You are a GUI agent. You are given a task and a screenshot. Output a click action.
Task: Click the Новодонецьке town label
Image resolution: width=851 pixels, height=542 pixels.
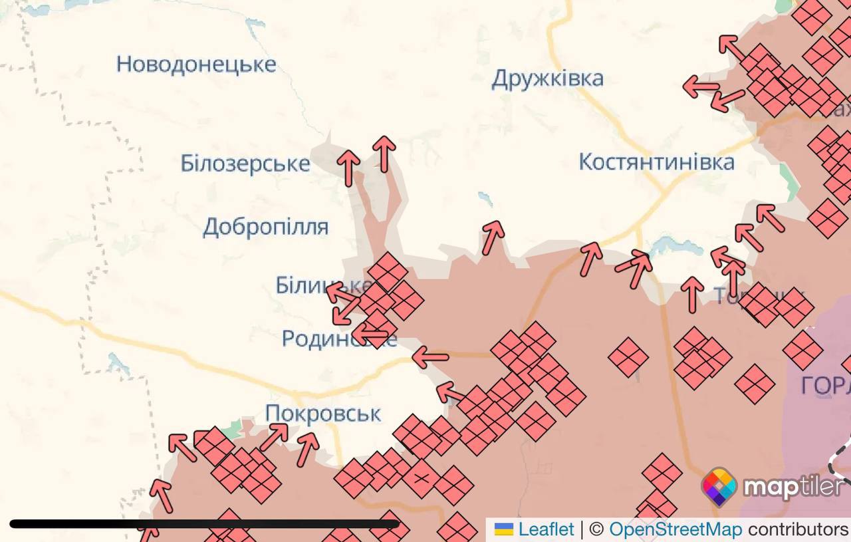click(196, 65)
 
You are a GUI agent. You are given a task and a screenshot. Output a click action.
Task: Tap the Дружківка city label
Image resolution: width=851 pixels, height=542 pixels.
click(547, 78)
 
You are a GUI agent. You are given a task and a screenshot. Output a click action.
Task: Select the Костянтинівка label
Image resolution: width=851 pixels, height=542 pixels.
click(656, 162)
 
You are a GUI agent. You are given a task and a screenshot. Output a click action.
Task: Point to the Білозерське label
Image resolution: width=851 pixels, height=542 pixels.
click(245, 163)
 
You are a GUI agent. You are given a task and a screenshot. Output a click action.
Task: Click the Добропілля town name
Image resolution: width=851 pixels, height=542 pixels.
click(265, 227)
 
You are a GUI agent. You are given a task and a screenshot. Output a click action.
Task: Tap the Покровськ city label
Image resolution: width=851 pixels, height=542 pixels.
click(323, 414)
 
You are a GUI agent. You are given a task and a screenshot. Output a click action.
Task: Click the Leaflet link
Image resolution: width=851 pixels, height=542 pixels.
click(546, 529)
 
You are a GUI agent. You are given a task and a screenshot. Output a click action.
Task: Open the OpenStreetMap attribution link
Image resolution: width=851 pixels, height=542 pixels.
click(675, 529)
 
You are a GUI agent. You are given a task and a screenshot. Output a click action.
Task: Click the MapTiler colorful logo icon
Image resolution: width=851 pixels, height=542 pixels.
click(719, 487)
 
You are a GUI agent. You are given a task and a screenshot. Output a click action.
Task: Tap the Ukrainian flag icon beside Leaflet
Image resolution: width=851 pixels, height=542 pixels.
click(505, 529)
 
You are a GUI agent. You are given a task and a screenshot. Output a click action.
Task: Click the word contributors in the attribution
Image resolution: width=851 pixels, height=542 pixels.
click(798, 529)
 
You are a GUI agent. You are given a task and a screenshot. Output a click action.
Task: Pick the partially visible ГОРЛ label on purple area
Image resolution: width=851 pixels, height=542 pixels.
click(825, 386)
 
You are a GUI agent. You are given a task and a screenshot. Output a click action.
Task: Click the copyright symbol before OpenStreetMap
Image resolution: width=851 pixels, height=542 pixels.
click(596, 529)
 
